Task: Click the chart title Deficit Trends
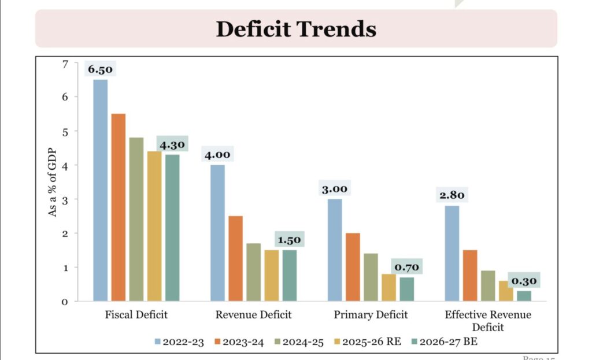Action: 296,28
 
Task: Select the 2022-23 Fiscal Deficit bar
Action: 101,190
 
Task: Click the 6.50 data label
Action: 101,69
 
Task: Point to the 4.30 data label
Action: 172,144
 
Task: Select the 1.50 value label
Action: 289,240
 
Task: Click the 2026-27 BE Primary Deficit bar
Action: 406,289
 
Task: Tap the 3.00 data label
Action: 335,189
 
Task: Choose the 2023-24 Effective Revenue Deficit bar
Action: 470,276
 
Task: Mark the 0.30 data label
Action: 524,281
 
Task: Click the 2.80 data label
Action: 452,195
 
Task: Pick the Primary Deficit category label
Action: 371,315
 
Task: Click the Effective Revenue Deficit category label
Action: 488,321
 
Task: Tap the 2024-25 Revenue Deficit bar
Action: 253,272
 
